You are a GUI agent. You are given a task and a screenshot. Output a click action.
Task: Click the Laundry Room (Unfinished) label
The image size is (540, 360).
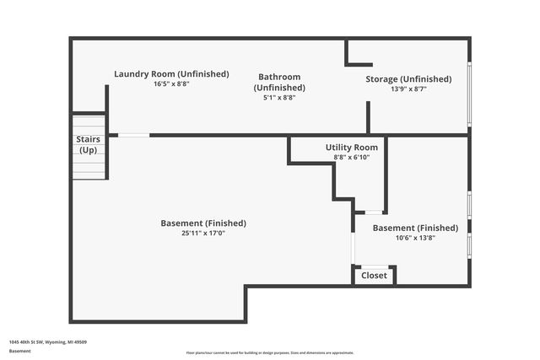coord(171,74)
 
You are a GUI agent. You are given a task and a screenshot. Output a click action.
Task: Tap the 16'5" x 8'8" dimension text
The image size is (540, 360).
coord(171,84)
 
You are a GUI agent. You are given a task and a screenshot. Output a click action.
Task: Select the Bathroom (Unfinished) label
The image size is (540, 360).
coord(278,82)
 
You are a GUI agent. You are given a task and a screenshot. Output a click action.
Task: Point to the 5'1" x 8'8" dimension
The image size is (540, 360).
coord(278,98)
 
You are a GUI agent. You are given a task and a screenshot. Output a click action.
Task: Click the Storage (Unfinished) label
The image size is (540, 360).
coord(408,79)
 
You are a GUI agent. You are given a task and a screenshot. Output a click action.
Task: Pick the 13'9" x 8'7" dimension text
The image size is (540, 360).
coord(408,89)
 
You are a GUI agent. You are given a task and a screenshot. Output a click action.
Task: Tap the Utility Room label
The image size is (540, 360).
coord(352,148)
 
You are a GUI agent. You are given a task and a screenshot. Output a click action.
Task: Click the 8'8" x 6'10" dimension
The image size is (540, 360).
coord(352,158)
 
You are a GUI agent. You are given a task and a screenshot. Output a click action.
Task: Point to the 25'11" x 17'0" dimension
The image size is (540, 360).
coord(203,234)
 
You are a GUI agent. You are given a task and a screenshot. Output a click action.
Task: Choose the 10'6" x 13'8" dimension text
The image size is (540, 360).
coord(415,238)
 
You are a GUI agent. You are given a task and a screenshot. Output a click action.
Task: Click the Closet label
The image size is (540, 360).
coord(375,276)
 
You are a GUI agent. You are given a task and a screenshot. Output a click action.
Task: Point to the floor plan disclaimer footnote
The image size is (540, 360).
coord(270,352)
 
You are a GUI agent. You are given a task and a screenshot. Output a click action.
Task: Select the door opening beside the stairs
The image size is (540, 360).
coord(133,135)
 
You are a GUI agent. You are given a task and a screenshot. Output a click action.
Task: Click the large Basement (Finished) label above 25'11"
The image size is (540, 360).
coord(203,223)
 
